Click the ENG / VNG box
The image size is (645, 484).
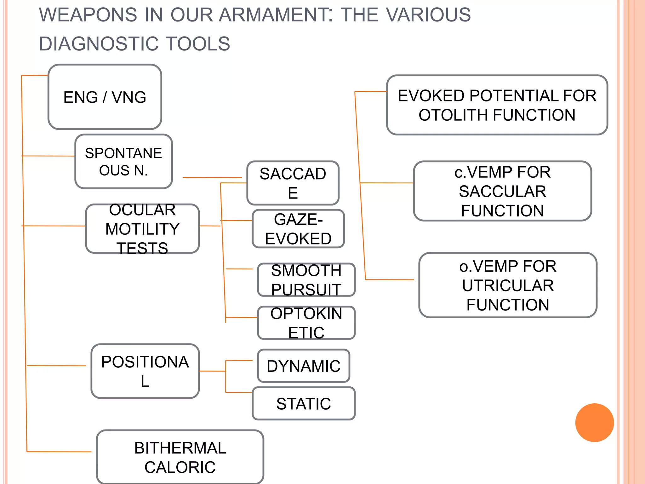point(105,97)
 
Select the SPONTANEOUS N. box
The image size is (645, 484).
point(123,162)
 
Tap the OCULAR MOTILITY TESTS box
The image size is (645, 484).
point(142,229)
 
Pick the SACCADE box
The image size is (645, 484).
point(293,183)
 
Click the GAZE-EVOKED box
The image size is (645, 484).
point(298,229)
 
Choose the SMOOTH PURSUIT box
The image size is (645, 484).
point(306,280)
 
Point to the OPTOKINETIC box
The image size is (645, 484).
point(306,323)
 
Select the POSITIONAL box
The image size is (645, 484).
point(145,371)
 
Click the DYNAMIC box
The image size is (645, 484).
point(303,366)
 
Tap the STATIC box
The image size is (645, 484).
point(303,404)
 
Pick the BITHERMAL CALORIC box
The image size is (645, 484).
point(180,457)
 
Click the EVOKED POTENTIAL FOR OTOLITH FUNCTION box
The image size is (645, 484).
point(497,105)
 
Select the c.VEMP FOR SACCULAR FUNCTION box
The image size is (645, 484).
point(502,191)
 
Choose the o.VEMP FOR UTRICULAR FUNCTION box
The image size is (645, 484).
point(508,285)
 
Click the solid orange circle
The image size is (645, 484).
point(594,423)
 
